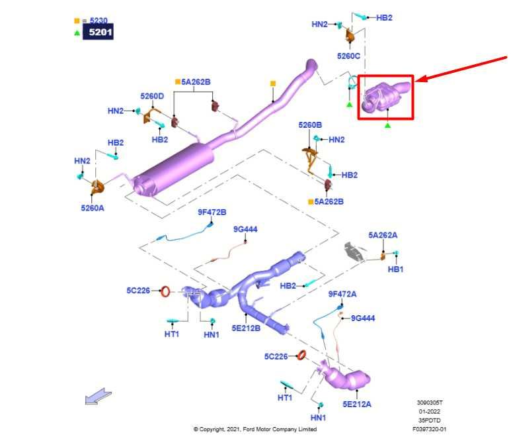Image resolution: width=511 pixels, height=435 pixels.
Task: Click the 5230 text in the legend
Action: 98,20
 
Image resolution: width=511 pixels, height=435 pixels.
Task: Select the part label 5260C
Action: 348,56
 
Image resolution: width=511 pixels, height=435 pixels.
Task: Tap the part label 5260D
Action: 151,96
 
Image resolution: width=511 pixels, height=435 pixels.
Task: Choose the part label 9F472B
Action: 212,212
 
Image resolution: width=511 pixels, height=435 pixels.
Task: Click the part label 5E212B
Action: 246,327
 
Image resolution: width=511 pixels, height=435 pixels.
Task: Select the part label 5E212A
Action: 357,404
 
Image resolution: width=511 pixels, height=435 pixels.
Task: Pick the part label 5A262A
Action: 383,235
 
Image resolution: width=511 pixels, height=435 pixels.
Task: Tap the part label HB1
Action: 395,269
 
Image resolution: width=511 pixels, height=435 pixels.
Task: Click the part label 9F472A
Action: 342,293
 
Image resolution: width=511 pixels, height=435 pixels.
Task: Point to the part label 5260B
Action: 309,124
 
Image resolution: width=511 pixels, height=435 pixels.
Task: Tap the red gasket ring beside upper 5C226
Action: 167,290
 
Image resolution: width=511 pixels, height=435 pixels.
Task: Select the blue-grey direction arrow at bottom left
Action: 97,397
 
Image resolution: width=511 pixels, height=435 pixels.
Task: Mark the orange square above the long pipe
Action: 272,84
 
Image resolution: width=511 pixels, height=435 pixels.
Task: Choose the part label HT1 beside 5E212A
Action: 285,397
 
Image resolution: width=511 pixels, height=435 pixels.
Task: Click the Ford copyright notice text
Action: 255,429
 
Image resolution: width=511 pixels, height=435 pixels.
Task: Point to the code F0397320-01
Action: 430,429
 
